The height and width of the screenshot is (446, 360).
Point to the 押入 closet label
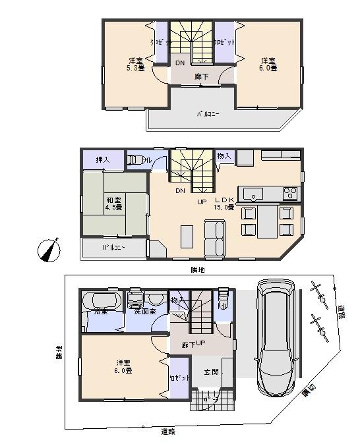(x=103, y=159)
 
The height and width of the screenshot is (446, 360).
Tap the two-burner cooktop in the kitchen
(x=289, y=193)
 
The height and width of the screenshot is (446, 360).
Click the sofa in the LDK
(x=214, y=238)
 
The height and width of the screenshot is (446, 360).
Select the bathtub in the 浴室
(x=100, y=304)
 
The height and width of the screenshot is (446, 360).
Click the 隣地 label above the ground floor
(x=198, y=270)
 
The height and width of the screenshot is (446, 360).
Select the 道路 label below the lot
(x=168, y=431)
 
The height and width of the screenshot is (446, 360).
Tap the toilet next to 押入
(x=136, y=159)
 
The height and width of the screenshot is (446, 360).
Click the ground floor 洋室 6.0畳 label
(x=123, y=366)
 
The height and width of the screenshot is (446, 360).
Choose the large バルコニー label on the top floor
(x=208, y=114)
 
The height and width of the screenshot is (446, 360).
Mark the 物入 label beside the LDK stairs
(x=224, y=156)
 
